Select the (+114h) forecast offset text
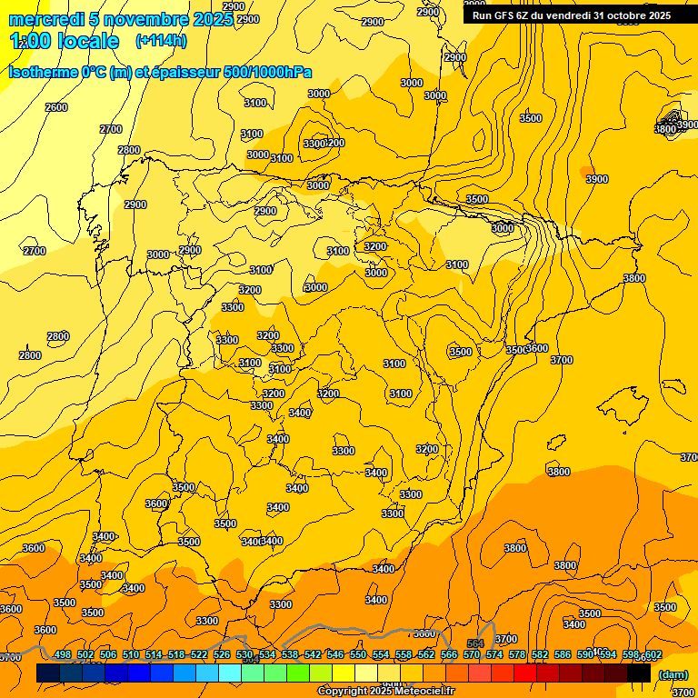161,41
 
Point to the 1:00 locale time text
65,41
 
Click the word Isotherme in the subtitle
43,72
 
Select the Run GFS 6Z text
501,15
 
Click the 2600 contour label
56,107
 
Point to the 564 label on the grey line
475,644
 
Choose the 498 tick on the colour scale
63,655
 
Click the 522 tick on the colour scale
199,655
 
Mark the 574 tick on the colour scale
494,655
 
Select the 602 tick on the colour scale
653,655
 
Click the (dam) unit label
672,674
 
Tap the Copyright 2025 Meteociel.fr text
385,692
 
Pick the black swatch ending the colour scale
639,673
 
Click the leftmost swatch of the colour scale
48,673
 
